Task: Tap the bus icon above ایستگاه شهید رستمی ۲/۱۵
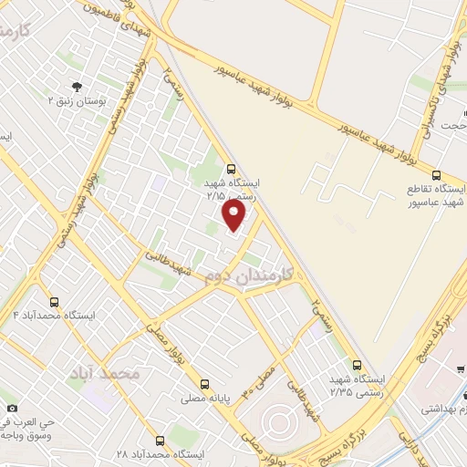click(x=231, y=169)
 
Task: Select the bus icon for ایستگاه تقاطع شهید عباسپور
click(x=437, y=174)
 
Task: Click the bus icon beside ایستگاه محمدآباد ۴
click(x=54, y=302)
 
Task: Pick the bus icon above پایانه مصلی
click(x=205, y=384)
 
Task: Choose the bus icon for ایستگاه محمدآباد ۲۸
click(x=161, y=441)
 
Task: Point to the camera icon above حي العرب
click(x=11, y=407)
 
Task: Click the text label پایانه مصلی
click(x=205, y=398)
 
